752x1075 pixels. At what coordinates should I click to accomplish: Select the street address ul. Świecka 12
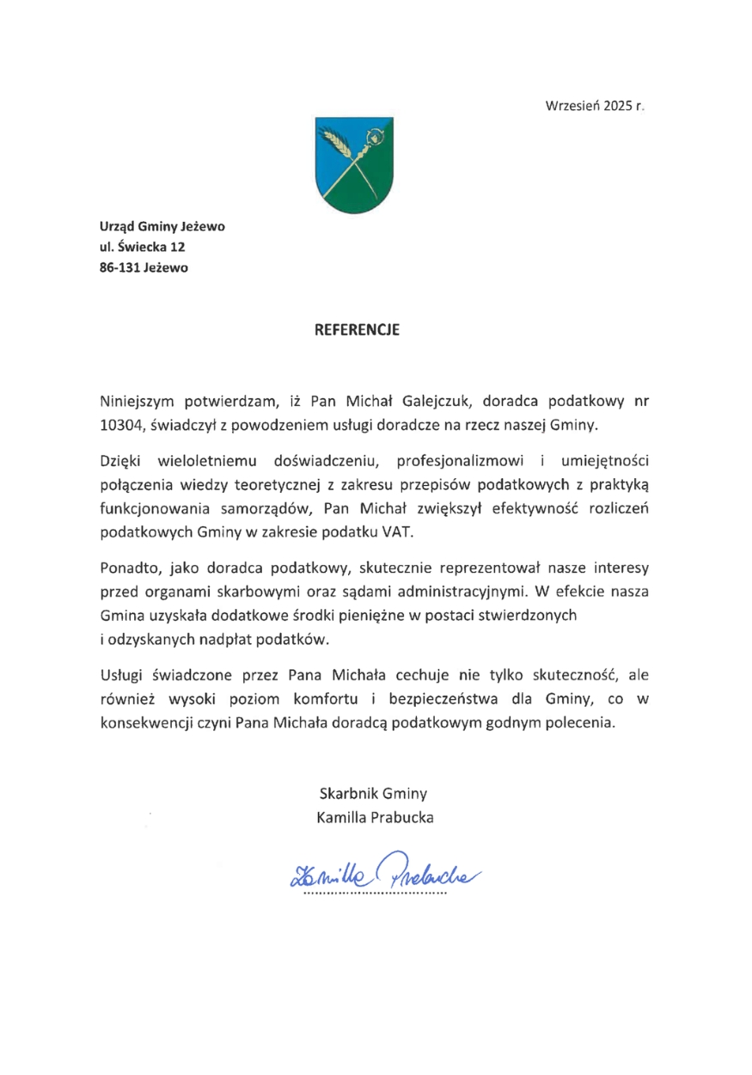(143, 247)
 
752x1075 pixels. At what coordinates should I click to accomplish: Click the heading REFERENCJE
(357, 329)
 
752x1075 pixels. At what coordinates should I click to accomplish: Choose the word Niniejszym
(138, 400)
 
